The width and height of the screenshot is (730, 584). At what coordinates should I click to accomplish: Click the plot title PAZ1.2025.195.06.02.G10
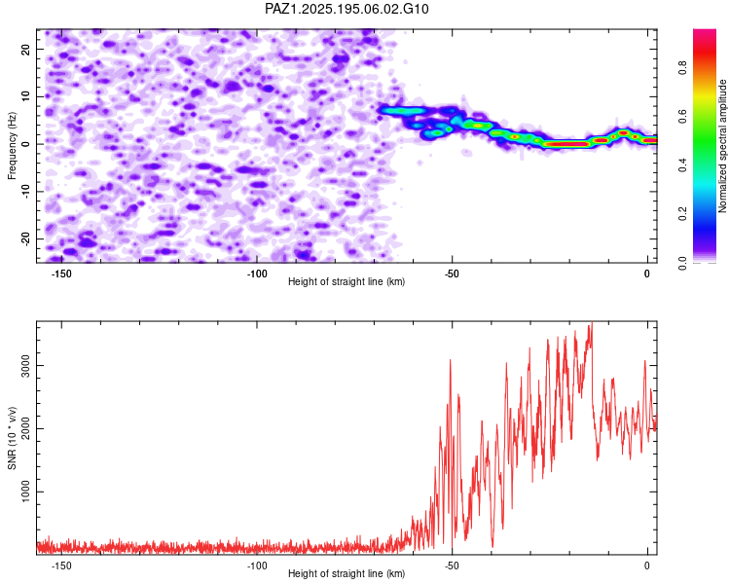tap(347, 9)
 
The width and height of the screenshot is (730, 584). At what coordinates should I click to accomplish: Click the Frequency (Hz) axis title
tap(12, 146)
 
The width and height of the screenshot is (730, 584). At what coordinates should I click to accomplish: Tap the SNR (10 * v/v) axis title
tap(12, 438)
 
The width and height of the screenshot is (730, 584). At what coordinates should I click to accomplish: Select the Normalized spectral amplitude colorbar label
tap(722, 146)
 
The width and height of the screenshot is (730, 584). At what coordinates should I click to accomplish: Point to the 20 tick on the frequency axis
tap(25, 49)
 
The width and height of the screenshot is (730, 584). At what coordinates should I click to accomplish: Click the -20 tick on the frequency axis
tap(25, 238)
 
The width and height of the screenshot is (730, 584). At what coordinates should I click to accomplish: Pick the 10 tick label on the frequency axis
tap(25, 96)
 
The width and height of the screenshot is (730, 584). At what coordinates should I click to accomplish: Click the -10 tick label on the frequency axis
tap(25, 192)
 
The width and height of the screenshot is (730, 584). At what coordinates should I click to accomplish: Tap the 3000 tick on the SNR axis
tap(25, 366)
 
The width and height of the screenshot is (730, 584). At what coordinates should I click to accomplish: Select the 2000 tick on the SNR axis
tap(25, 428)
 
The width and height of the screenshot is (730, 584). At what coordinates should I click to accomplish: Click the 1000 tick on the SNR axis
tap(25, 492)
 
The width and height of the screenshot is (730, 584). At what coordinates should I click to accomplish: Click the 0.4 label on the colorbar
tap(682, 164)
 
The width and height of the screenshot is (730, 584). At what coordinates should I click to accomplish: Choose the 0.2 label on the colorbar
tap(682, 214)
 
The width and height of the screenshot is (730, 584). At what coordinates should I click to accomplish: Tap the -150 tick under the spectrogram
tap(61, 274)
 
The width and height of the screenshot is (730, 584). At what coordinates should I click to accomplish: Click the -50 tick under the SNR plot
tap(452, 566)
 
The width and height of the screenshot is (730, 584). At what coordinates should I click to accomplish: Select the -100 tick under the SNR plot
tap(257, 566)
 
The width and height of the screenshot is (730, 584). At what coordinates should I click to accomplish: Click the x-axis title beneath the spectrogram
tap(347, 281)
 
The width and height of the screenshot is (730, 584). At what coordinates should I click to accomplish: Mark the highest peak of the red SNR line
tap(592, 322)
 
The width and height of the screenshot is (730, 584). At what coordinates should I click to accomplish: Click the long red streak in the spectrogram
tap(567, 144)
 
